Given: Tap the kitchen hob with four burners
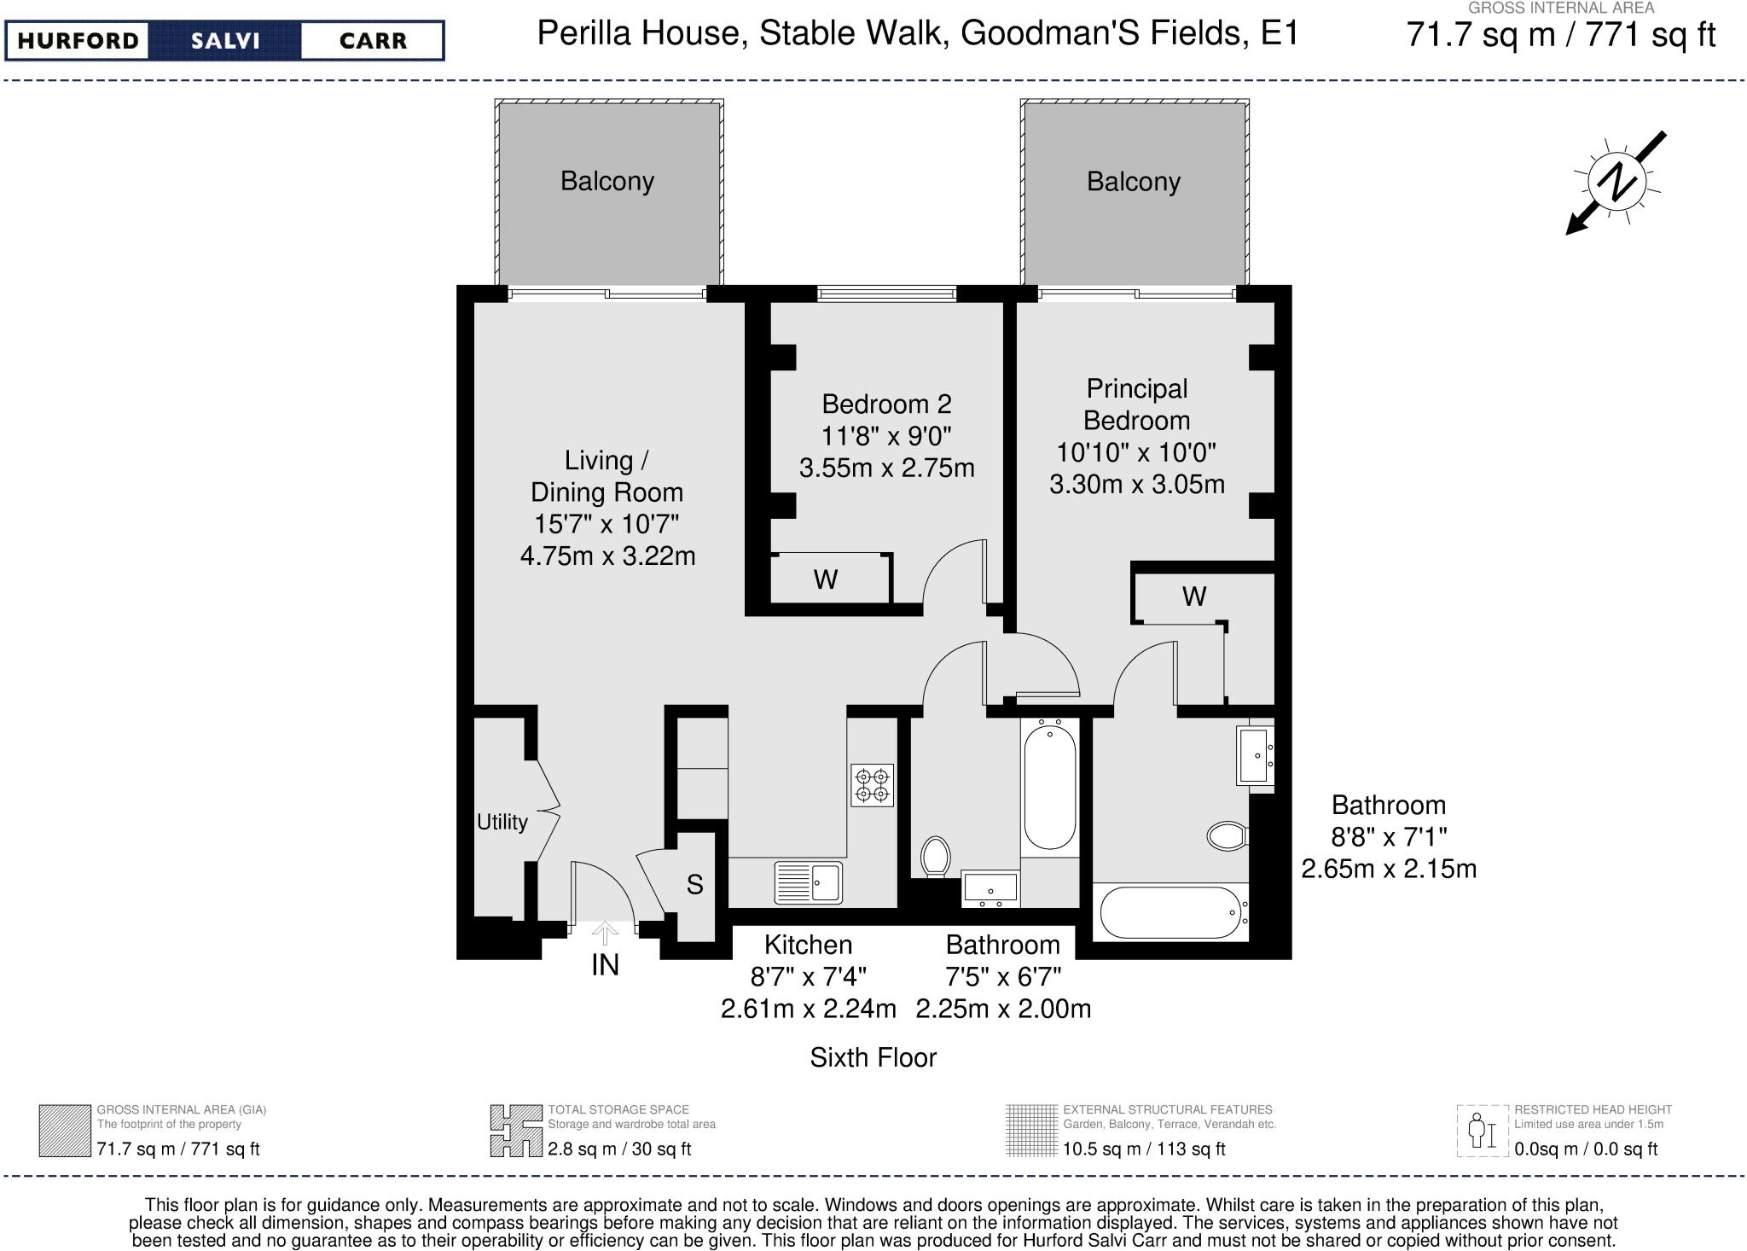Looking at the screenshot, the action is click(x=873, y=785).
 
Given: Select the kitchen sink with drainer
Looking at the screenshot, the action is click(x=808, y=883).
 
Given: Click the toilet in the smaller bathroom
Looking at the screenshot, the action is click(x=936, y=856).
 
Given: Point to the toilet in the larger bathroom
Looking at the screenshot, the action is click(x=1228, y=835).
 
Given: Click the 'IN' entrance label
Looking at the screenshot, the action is click(x=605, y=965).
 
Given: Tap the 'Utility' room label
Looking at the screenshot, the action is click(x=502, y=822).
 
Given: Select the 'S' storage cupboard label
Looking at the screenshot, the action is click(x=694, y=885).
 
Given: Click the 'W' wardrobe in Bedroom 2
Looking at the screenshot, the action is click(x=825, y=579).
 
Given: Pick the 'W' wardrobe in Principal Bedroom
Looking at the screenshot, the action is click(x=1194, y=596).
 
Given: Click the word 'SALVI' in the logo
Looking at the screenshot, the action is click(x=225, y=41).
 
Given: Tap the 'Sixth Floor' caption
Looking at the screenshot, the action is click(x=873, y=1057).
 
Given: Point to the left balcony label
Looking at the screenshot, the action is click(x=607, y=181).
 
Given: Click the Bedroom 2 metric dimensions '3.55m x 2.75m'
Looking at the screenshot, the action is click(x=886, y=468).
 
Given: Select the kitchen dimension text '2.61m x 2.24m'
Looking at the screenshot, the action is click(x=809, y=1009).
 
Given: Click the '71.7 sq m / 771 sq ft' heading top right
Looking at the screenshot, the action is click(x=1560, y=36).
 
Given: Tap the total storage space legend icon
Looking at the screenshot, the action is click(x=516, y=1131).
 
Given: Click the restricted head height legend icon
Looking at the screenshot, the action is click(x=1483, y=1131).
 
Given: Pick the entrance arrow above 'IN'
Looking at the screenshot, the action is click(x=605, y=933).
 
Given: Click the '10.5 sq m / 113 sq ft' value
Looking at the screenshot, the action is click(x=1144, y=1149).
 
